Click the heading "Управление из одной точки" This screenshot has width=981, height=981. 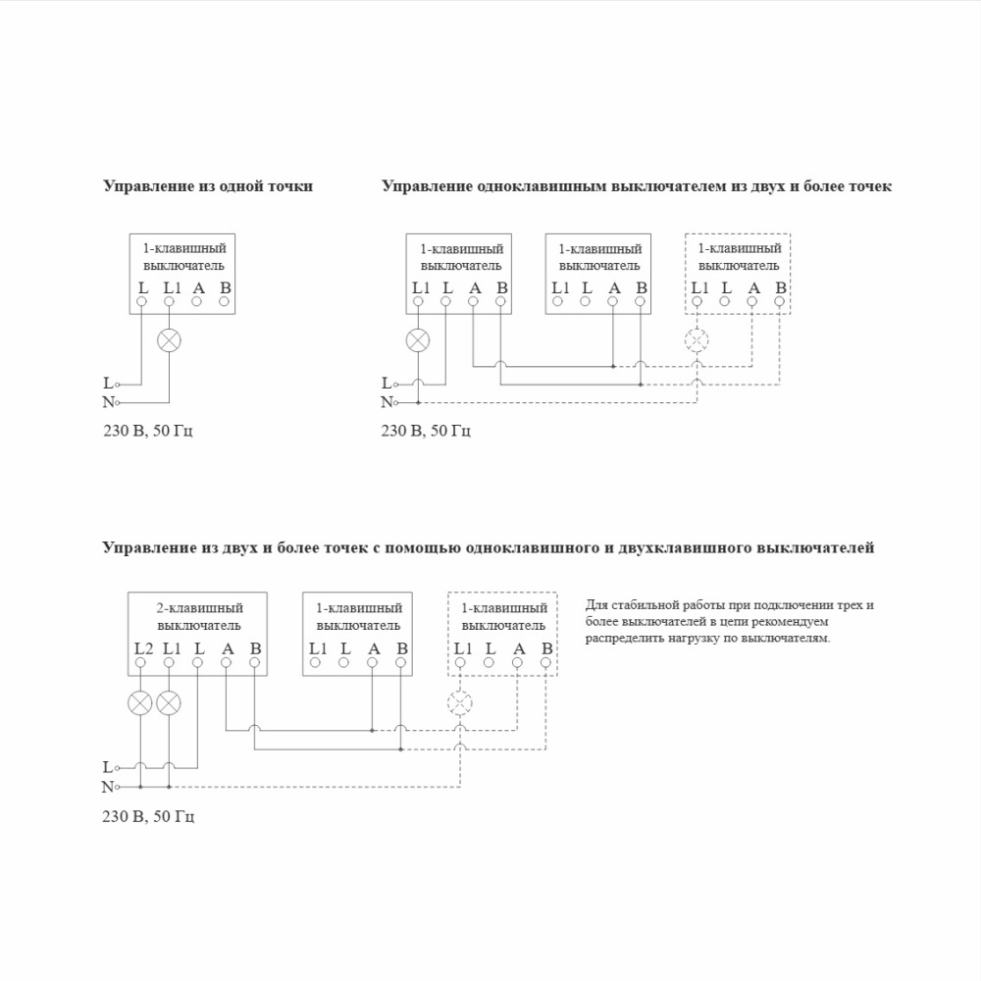click(208, 185)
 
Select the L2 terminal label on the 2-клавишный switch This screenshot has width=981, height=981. click(143, 647)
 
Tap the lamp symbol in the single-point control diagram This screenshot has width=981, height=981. click(170, 340)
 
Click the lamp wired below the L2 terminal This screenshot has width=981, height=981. click(141, 702)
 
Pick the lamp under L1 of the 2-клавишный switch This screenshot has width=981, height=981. click(170, 702)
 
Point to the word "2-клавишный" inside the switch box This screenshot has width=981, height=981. click(199, 608)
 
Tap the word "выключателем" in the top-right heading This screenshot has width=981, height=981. click(668, 185)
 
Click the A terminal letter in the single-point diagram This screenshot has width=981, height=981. click(198, 287)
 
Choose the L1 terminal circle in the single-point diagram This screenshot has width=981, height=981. click(170, 301)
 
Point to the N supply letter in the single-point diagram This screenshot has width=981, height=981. click(108, 401)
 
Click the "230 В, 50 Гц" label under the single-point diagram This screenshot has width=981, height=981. click(148, 431)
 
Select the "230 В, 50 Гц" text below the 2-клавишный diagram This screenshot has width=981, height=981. click(148, 816)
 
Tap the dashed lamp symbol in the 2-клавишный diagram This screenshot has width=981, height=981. click(459, 702)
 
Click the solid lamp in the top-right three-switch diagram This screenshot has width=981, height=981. click(418, 340)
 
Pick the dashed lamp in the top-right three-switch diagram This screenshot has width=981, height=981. click(697, 340)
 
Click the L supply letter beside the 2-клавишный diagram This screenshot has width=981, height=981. click(107, 767)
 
